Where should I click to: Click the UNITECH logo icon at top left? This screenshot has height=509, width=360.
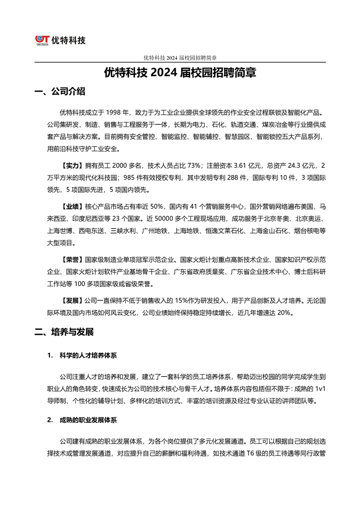coord(43,40)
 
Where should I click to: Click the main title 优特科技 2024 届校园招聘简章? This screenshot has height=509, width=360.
coord(180,73)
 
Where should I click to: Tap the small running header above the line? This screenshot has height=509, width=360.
coord(180,58)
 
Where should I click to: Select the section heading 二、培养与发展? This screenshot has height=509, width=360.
coord(64,332)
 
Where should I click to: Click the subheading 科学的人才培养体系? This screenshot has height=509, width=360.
coord(88,355)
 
